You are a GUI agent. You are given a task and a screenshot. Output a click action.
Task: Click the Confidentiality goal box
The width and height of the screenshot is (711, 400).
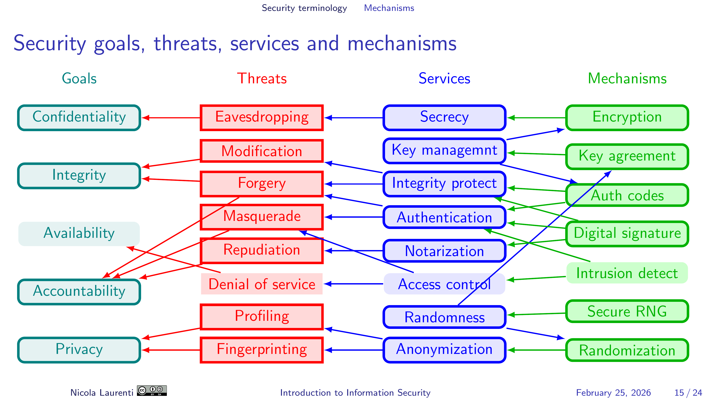[x=79, y=118]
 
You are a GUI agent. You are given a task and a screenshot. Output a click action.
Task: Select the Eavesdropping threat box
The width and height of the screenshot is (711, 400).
[x=262, y=118]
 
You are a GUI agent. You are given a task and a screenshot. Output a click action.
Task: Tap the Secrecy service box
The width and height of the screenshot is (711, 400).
[x=444, y=118]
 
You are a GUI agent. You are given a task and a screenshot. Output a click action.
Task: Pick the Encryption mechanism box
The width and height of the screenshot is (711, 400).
[x=627, y=118]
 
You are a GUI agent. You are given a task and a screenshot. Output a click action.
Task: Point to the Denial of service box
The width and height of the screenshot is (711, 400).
[x=262, y=284]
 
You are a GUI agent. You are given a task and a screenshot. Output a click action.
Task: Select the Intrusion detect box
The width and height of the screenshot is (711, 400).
[x=627, y=273]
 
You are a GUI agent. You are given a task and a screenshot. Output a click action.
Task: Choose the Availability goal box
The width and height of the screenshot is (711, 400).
[x=79, y=233]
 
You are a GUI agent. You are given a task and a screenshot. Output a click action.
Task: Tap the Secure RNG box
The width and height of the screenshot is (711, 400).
[x=627, y=311]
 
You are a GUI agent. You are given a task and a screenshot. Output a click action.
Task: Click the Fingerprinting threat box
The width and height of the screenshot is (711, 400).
[x=262, y=350]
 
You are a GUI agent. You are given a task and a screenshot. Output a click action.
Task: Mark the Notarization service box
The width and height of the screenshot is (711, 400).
[x=444, y=251]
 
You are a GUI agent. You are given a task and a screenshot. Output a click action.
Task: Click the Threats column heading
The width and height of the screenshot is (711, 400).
[x=262, y=78]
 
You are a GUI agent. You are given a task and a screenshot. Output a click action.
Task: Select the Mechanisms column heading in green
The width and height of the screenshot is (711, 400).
[x=627, y=78]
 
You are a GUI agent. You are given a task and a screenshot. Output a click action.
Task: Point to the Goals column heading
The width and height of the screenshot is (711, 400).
[x=79, y=78]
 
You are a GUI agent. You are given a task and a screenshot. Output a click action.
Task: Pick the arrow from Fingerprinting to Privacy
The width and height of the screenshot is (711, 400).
[x=171, y=350]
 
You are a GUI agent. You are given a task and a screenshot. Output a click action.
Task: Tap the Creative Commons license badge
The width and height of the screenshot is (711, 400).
[x=152, y=391]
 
